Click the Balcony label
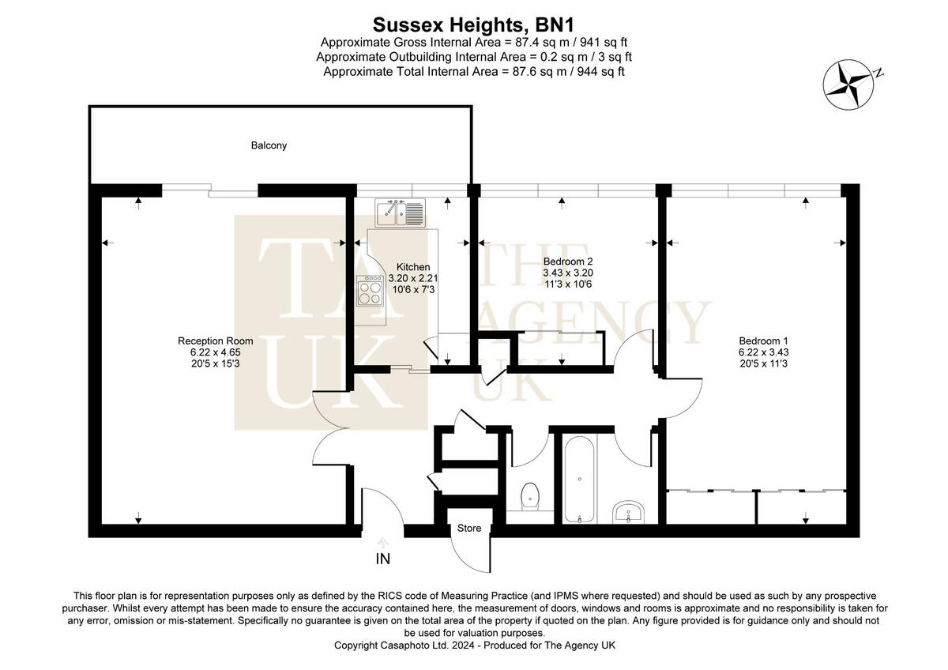[269, 145]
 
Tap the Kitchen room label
[413, 266]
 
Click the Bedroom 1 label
[763, 341]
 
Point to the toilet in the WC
[531, 495]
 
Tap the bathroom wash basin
[630, 511]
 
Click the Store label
[469, 529]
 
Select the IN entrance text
[383, 559]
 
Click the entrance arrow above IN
[383, 543]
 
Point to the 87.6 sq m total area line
[474, 71]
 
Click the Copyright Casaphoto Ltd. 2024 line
[474, 646]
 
